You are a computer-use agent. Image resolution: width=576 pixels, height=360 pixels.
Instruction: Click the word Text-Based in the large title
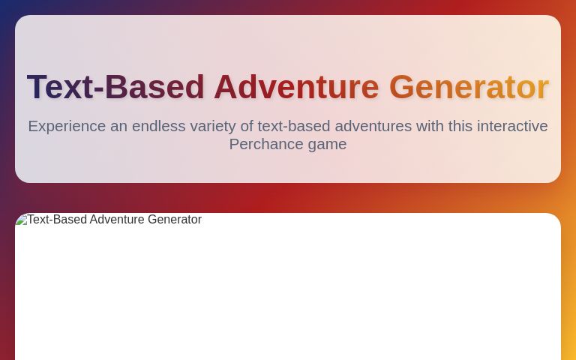pyautogui.click(x=115, y=87)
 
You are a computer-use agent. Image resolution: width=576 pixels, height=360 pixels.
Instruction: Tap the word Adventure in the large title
pyautogui.click(x=296, y=87)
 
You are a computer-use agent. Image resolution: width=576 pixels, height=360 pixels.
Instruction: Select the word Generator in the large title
pyautogui.click(x=469, y=87)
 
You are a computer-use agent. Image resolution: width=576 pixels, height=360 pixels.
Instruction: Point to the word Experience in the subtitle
pyautogui.click(x=67, y=126)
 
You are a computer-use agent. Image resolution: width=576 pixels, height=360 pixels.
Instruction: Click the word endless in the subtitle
pyautogui.click(x=158, y=126)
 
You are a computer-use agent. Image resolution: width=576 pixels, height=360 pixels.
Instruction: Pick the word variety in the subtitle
pyautogui.click(x=212, y=126)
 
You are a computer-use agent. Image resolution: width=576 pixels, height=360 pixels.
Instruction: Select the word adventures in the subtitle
pyautogui.click(x=373, y=126)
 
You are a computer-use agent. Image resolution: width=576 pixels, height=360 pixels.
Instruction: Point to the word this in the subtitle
pyautogui.click(x=461, y=126)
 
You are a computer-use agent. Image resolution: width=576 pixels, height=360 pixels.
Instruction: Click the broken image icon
pyautogui.click(x=21, y=220)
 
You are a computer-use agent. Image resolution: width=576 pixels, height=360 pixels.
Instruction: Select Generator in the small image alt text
pyautogui.click(x=175, y=220)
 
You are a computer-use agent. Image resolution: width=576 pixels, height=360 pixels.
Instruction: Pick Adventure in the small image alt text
pyautogui.click(x=117, y=220)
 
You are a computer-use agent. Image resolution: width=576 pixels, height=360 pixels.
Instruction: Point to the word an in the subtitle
pyautogui.click(x=118, y=126)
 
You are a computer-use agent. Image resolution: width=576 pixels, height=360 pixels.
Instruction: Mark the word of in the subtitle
pyautogui.click(x=247, y=126)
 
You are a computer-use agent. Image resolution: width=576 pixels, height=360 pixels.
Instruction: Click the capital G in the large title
pyautogui.click(x=401, y=87)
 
